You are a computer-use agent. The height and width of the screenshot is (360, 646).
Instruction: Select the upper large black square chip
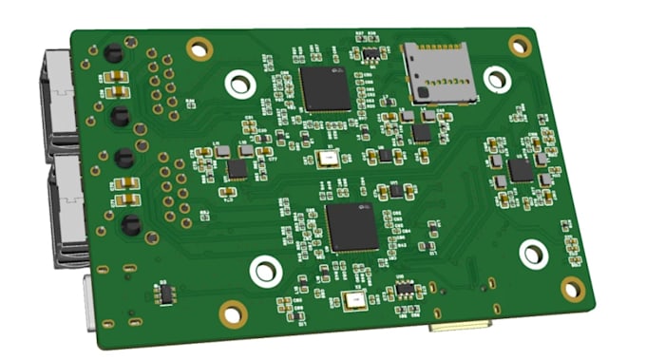tap(325, 89)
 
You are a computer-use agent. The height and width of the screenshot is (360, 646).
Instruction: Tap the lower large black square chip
tap(352, 227)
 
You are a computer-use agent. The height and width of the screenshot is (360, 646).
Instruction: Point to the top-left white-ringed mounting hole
tap(238, 84)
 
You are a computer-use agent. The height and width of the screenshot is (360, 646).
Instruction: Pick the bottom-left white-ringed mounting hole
tap(265, 272)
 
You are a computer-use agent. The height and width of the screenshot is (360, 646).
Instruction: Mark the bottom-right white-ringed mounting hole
tap(534, 253)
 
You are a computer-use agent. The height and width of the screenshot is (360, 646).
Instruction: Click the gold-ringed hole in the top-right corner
tap(520, 45)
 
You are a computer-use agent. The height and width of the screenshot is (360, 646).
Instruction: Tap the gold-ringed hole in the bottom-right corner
tap(573, 290)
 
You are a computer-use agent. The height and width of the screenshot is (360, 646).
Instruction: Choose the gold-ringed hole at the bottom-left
tap(232, 312)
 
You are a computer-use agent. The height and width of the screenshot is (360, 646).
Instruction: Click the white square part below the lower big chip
tap(356, 302)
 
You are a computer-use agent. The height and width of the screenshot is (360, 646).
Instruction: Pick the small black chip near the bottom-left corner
tap(165, 294)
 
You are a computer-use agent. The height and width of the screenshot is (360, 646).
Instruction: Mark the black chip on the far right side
tap(520, 171)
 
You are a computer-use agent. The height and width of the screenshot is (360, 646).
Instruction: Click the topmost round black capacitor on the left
tap(112, 52)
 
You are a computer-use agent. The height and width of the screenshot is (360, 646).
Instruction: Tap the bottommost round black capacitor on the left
tap(130, 225)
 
